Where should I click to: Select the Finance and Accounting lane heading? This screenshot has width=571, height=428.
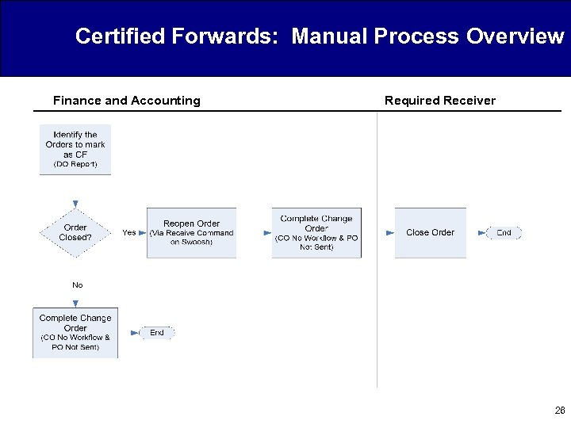coord(126,100)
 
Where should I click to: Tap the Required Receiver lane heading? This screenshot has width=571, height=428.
coord(439,100)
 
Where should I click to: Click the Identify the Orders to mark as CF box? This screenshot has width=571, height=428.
coord(75,149)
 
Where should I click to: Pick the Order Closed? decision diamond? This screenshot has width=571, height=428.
coord(75,232)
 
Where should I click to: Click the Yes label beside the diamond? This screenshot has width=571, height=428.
coord(129,232)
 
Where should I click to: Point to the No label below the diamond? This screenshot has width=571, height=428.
coord(77,285)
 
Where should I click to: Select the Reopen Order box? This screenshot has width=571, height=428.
coord(191,232)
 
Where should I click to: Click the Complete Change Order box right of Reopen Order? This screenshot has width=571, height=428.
coord(316,232)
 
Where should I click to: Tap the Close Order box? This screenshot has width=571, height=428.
coord(430,232)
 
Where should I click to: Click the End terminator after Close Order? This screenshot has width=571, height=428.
coord(504,232)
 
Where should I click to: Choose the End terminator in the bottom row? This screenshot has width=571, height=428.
coord(157,333)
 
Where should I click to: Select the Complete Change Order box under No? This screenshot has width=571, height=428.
coord(75,332)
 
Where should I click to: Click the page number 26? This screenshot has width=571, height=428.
coord(560,411)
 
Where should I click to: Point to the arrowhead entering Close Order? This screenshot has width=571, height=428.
coord(389,233)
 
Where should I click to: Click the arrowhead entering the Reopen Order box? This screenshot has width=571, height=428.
coord(143,233)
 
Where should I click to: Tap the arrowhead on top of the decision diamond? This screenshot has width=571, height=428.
coord(75,204)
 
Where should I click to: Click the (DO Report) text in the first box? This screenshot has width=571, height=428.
coord(75,164)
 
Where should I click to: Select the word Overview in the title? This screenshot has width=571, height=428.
coord(515,36)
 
